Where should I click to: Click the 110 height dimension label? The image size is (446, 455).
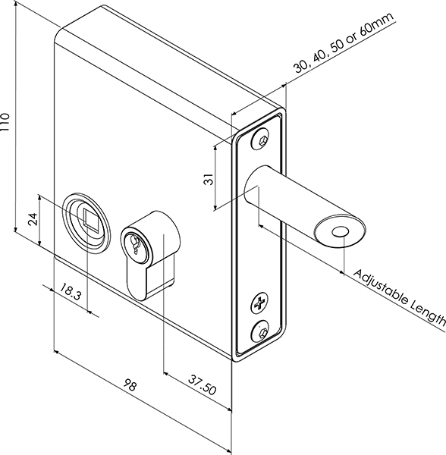pyautogui.click(x=5, y=122)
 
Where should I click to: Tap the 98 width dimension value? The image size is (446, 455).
pyautogui.click(x=130, y=385)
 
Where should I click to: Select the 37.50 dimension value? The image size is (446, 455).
pyautogui.click(x=202, y=384)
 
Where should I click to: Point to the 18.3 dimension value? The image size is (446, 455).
pyautogui.click(x=71, y=292)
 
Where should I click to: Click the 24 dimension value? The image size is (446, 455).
pyautogui.click(x=33, y=219)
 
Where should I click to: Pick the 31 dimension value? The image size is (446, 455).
pyautogui.click(x=208, y=179)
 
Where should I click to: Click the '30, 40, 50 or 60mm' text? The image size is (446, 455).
pyautogui.click(x=344, y=42)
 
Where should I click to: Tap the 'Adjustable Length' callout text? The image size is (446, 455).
pyautogui.click(x=399, y=298)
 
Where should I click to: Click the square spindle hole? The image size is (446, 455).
pyautogui.click(x=90, y=218)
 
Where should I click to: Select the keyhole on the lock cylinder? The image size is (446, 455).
pyautogui.click(x=135, y=243)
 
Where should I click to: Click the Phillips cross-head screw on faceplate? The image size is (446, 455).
pyautogui.click(x=259, y=303)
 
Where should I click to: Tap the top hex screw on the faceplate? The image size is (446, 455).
pyautogui.click(x=259, y=139)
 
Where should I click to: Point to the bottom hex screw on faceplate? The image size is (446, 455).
pyautogui.click(x=260, y=331)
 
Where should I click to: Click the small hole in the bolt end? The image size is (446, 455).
pyautogui.click(x=340, y=232)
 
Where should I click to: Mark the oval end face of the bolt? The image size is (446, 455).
pyautogui.click(x=340, y=231)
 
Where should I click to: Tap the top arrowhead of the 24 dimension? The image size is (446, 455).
pyautogui.click(x=39, y=198)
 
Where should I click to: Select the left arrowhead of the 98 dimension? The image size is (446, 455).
pyautogui.click(x=57, y=352)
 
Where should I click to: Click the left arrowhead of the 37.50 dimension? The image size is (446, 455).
pyautogui.click(x=166, y=373)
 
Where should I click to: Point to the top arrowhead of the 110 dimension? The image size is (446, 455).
pyautogui.click(x=15, y=4)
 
